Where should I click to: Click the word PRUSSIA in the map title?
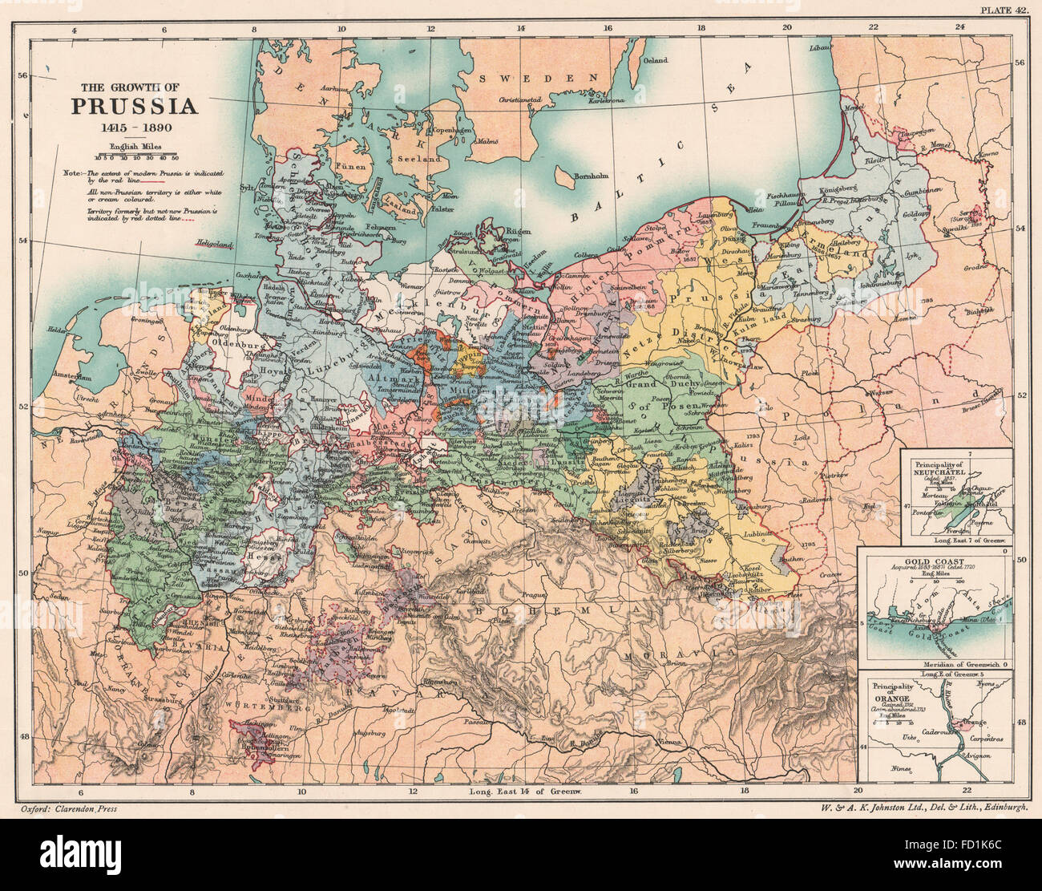(x=134, y=107)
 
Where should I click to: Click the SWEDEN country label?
(x=539, y=78)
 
